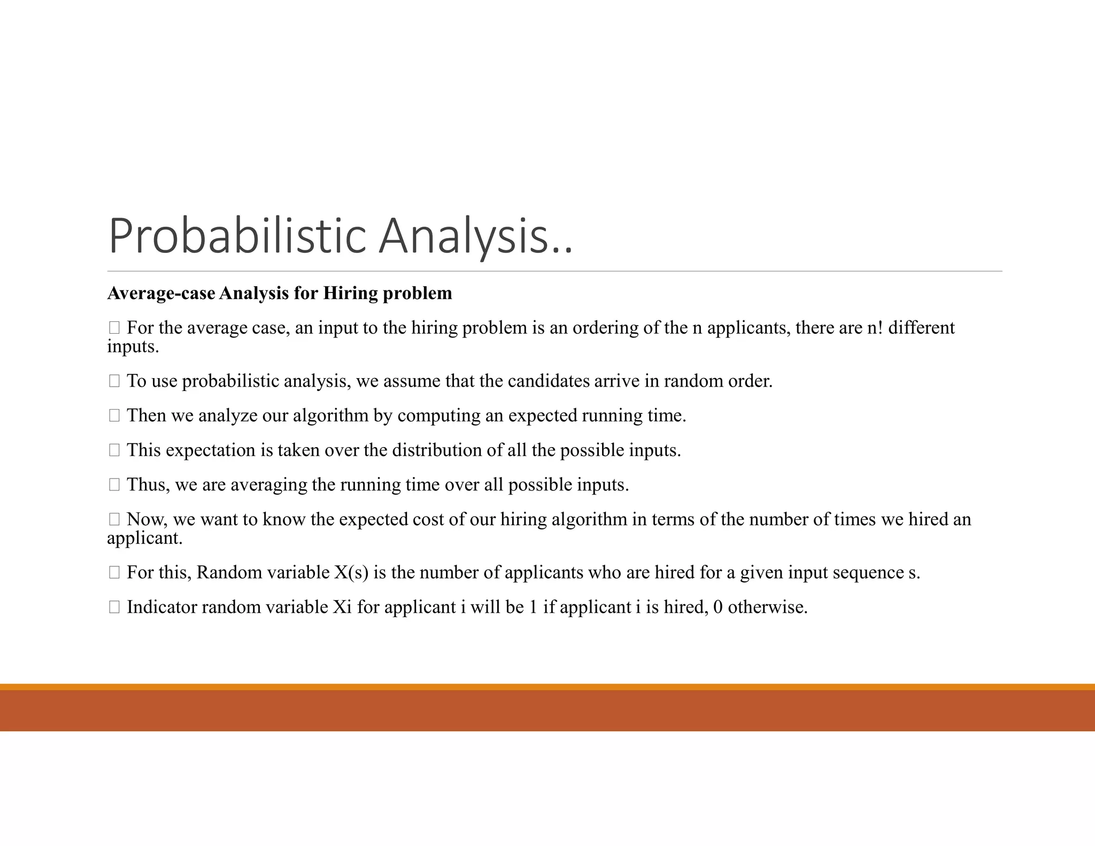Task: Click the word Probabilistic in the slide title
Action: point(237,236)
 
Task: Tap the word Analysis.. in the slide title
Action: point(475,236)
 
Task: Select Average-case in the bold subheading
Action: point(161,293)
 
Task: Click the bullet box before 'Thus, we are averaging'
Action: point(114,484)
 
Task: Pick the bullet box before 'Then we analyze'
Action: point(114,416)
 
